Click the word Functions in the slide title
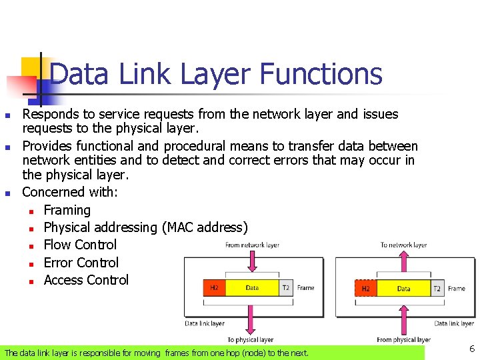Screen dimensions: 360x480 [x=321, y=74]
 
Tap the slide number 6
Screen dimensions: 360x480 [x=472, y=349]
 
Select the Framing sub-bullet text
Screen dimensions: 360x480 [x=67, y=210]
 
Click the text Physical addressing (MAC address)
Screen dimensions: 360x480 [x=145, y=227]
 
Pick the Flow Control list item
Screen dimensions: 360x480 [x=80, y=245]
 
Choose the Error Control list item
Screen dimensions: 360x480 [x=81, y=263]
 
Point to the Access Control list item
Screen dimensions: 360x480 [x=86, y=280]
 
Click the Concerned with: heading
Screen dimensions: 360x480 [x=70, y=192]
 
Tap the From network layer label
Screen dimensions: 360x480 [x=252, y=245]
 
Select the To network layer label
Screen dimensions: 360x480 [x=403, y=245]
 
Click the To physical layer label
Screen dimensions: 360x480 [x=250, y=340]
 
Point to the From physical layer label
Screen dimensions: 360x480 [x=403, y=340]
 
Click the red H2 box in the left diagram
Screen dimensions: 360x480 [x=214, y=288]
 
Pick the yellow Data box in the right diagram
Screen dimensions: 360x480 [x=403, y=289]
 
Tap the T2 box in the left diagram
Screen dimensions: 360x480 [x=285, y=288]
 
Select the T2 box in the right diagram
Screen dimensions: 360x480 [x=437, y=289]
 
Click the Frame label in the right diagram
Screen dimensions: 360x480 [x=457, y=289]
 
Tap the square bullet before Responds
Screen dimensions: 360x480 [x=7, y=115]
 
